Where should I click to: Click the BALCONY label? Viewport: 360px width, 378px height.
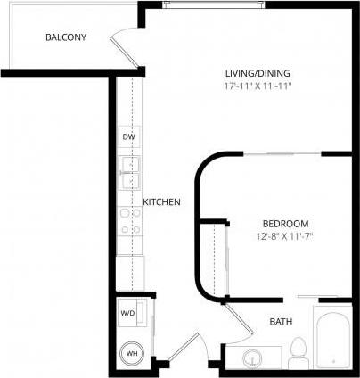point(66,38)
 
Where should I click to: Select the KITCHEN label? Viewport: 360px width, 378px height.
point(161,202)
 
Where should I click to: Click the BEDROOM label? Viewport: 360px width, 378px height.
point(284,223)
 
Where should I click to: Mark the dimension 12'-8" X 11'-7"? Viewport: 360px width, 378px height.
point(284,236)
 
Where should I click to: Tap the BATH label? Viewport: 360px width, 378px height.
point(282,321)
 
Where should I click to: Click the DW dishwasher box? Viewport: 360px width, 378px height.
point(128,137)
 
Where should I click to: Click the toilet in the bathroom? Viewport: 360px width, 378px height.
point(299,351)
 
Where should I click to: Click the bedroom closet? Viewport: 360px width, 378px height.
point(213,257)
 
